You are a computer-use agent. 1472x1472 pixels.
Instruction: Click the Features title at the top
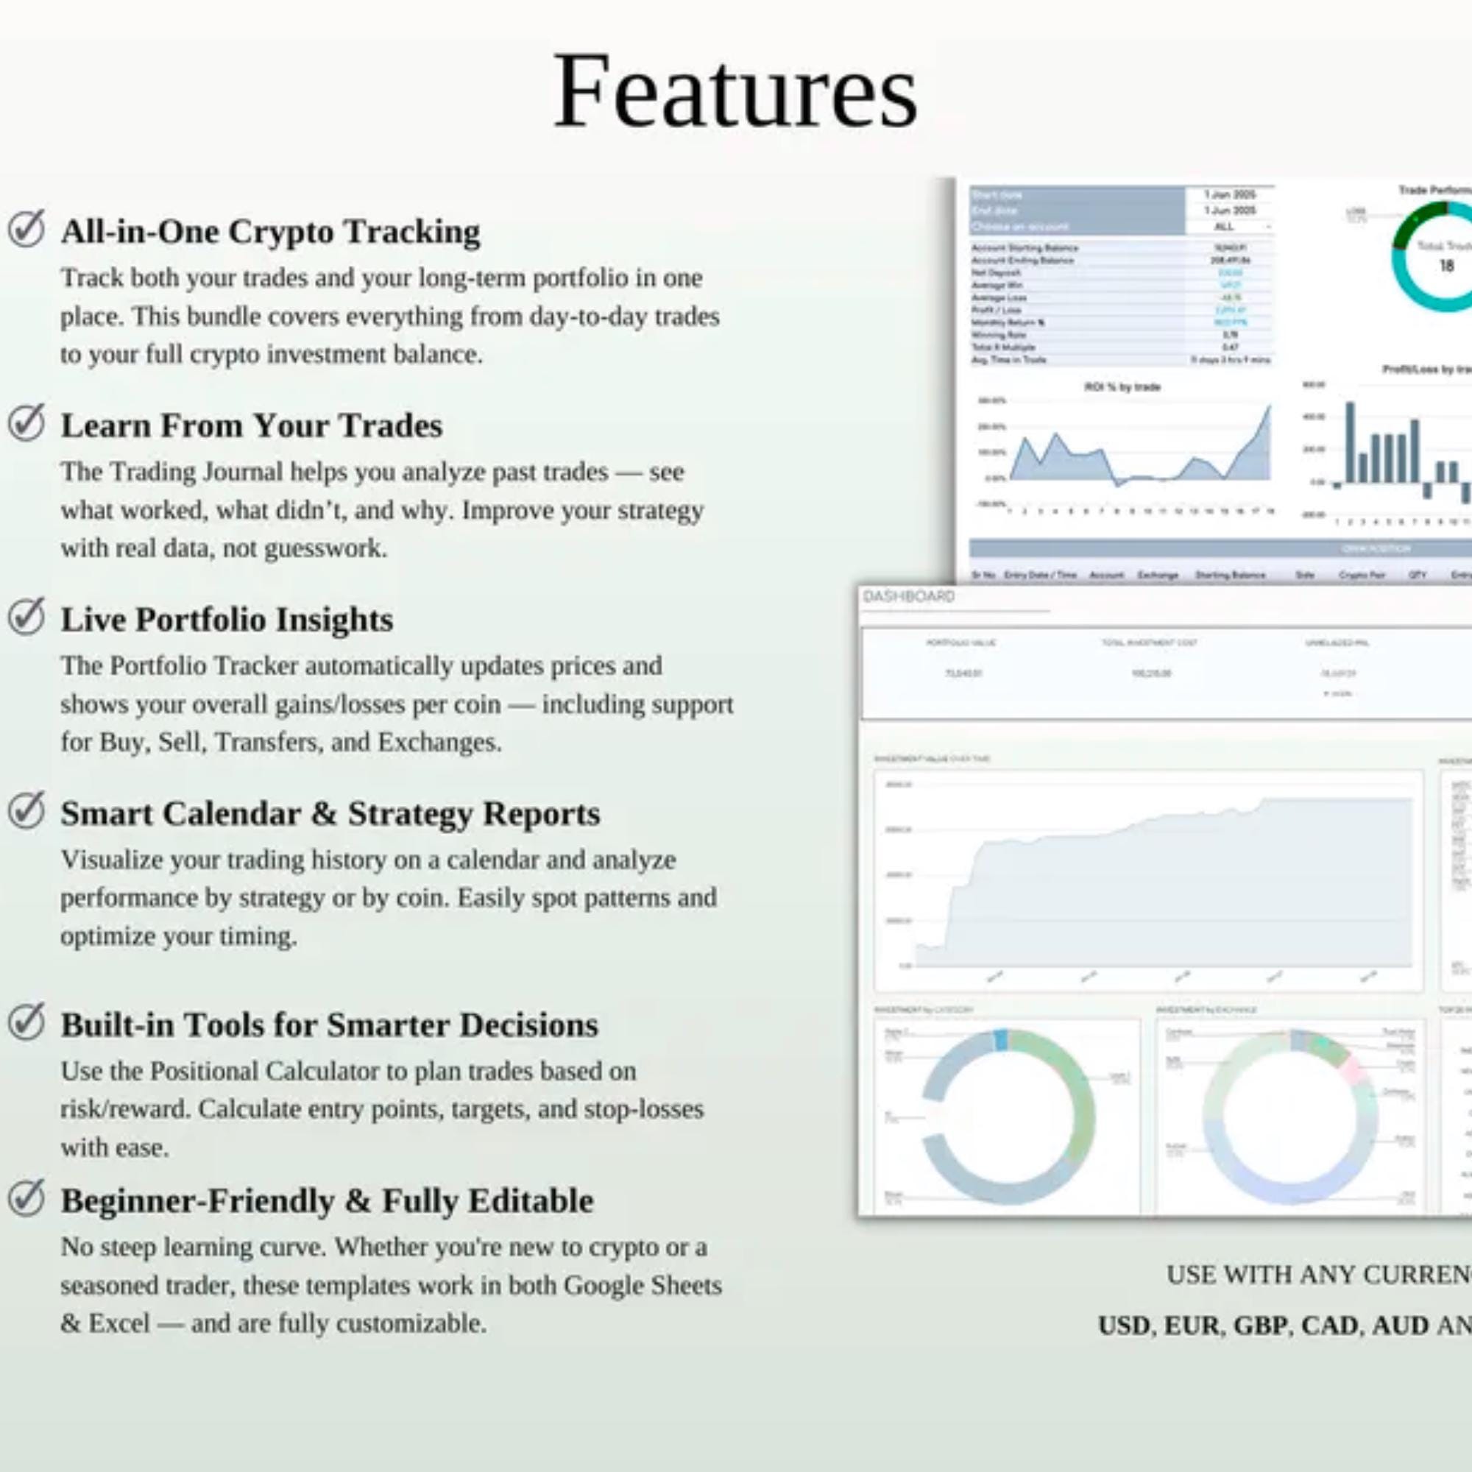735,91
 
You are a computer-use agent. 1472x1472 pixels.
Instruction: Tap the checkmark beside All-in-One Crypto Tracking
26,229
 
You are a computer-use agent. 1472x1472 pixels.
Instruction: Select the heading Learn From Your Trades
252,425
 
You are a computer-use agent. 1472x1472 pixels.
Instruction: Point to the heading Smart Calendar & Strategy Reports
330,813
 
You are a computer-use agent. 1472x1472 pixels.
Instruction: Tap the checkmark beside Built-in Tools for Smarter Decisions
26,1022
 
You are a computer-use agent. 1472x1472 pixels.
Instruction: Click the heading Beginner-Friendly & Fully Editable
327,1200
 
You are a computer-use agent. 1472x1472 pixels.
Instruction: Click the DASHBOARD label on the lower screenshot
908,597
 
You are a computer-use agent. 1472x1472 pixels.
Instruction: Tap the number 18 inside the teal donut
1446,266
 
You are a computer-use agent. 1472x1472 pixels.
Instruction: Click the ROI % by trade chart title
1122,387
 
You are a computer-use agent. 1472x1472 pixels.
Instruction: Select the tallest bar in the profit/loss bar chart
1350,442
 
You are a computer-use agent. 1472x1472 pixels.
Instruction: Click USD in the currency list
1124,1326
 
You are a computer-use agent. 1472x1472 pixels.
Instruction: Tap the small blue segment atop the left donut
1001,1040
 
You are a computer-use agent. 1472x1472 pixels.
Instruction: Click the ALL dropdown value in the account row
1224,226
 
